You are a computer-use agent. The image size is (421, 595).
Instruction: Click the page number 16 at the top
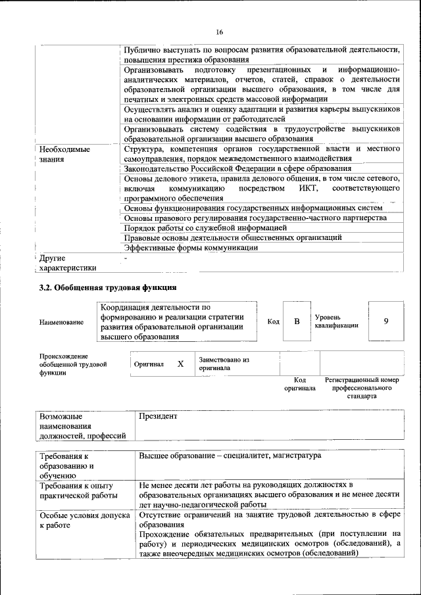(x=220, y=33)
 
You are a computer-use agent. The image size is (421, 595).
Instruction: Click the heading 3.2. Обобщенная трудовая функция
(x=107, y=287)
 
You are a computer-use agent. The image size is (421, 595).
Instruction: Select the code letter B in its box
(x=297, y=321)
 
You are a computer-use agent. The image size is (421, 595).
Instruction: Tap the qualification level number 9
(x=386, y=321)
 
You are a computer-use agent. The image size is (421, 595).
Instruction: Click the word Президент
(x=158, y=416)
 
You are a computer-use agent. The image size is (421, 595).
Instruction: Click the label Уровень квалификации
(x=336, y=321)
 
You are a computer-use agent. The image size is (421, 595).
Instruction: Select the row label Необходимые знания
(x=64, y=154)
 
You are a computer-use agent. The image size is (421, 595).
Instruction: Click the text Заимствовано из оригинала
(x=224, y=364)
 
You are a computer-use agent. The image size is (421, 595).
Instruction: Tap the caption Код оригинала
(x=300, y=384)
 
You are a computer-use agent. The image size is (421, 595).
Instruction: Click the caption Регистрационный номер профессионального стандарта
(x=362, y=389)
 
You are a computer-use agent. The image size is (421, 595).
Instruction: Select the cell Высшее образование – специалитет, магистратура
(x=230, y=456)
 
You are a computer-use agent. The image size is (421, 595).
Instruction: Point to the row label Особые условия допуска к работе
(x=83, y=521)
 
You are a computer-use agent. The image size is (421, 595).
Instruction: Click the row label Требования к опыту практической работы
(x=78, y=490)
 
